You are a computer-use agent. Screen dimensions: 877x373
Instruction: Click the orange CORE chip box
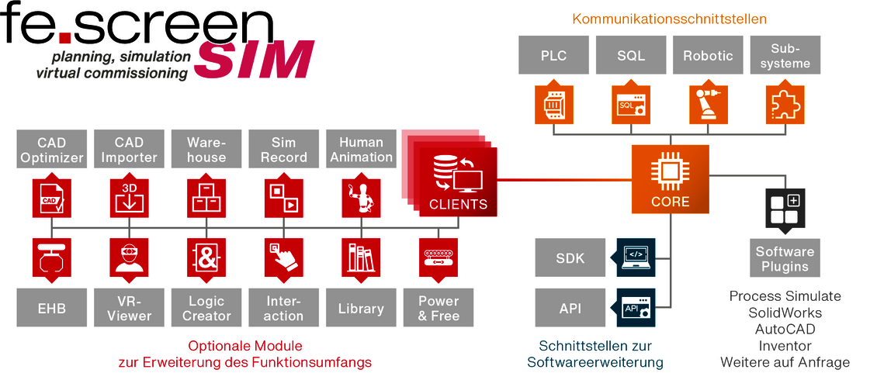670,179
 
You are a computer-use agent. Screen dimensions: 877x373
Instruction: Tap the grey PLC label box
553,55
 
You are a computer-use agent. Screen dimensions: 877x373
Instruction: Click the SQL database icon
631,104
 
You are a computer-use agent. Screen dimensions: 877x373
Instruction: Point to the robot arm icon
708,104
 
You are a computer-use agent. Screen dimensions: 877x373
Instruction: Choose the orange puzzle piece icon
785,104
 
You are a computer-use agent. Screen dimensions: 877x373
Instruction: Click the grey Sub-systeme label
785,55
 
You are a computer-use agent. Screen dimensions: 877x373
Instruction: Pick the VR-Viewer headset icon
129,257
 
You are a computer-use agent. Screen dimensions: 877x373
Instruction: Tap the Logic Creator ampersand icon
206,257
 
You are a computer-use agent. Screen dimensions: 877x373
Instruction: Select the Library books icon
361,257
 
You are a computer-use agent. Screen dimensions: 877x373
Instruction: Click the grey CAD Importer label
129,150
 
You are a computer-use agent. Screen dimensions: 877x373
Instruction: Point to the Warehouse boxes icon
206,198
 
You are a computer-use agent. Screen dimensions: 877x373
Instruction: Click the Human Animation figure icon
361,198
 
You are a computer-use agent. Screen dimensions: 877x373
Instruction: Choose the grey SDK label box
570,257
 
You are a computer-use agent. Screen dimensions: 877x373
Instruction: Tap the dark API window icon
636,308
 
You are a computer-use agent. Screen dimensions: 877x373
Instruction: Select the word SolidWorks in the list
785,312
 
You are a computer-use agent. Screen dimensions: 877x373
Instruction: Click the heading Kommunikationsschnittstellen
670,19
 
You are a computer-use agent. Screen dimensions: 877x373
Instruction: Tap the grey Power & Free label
439,308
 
